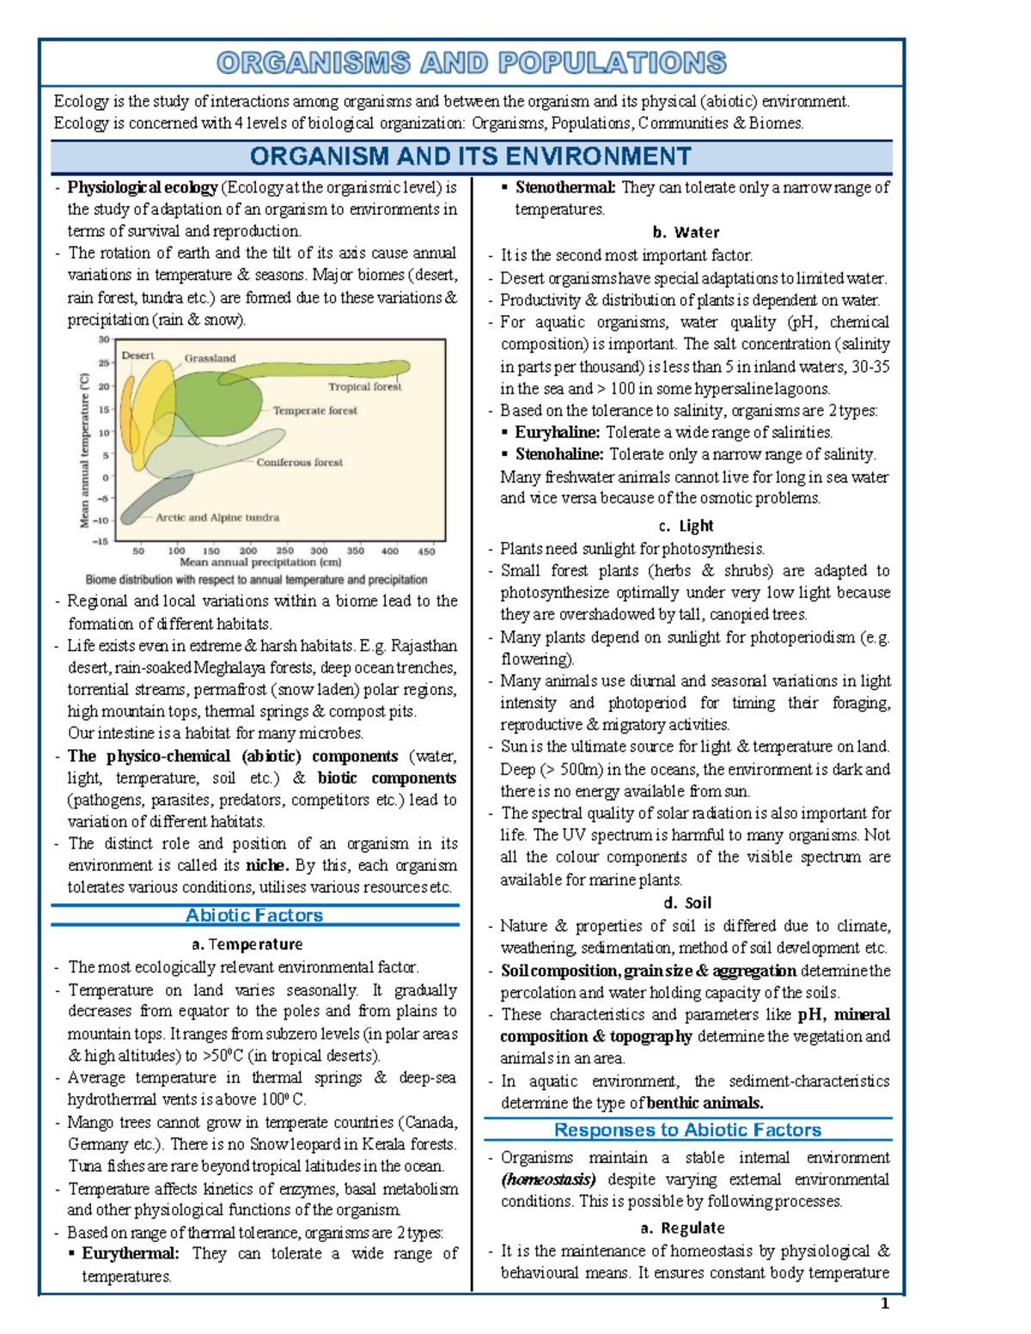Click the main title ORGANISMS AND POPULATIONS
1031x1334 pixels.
tap(471, 63)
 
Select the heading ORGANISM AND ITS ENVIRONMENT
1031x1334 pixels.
tap(470, 156)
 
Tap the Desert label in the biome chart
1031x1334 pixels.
tap(137, 355)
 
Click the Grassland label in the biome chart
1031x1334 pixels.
tap(210, 358)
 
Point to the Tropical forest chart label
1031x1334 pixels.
tap(364, 387)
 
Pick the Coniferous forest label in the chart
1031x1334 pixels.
tap(299, 462)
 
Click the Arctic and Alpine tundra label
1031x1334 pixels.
tap(217, 517)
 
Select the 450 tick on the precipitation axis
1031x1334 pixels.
tap(426, 551)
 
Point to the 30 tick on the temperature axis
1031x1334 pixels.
tap(103, 340)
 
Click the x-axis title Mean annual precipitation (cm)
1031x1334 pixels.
tap(260, 563)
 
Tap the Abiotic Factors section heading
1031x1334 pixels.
tap(254, 916)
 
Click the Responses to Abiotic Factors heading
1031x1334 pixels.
tap(687, 1130)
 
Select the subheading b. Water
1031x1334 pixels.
tap(686, 232)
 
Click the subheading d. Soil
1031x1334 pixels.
tap(687, 903)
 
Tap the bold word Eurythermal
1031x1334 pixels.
tap(131, 1253)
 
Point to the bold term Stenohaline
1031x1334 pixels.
tap(558, 454)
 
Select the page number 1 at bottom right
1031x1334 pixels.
tap(885, 1304)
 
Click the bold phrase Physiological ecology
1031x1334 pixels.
tap(143, 187)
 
